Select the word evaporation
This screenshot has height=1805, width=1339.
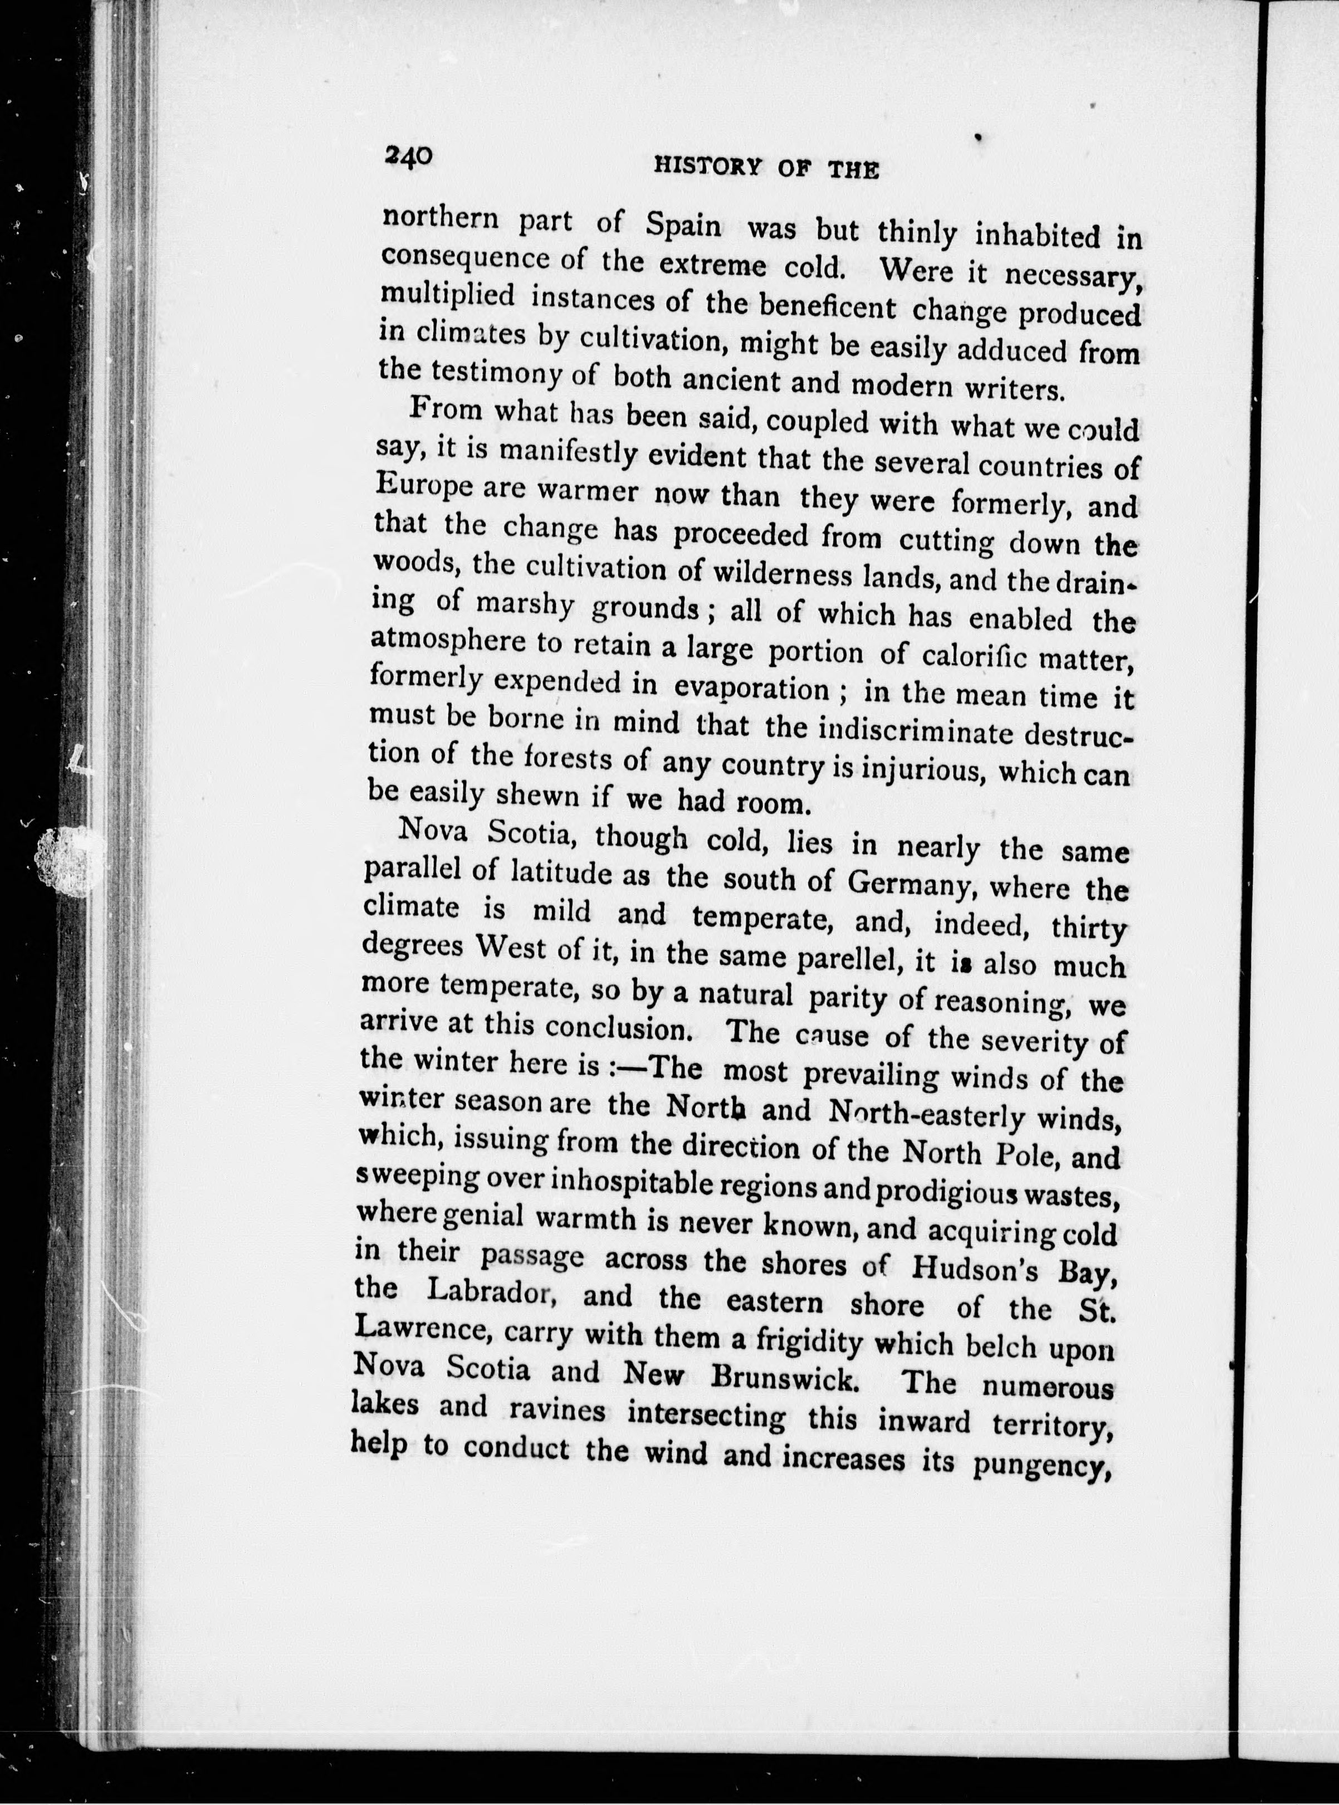[x=751, y=689]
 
